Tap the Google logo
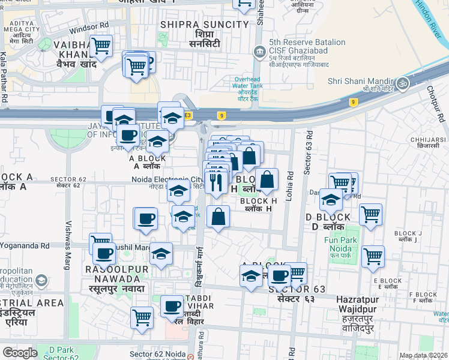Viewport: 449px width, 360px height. point(20,352)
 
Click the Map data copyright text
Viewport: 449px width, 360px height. point(423,355)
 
